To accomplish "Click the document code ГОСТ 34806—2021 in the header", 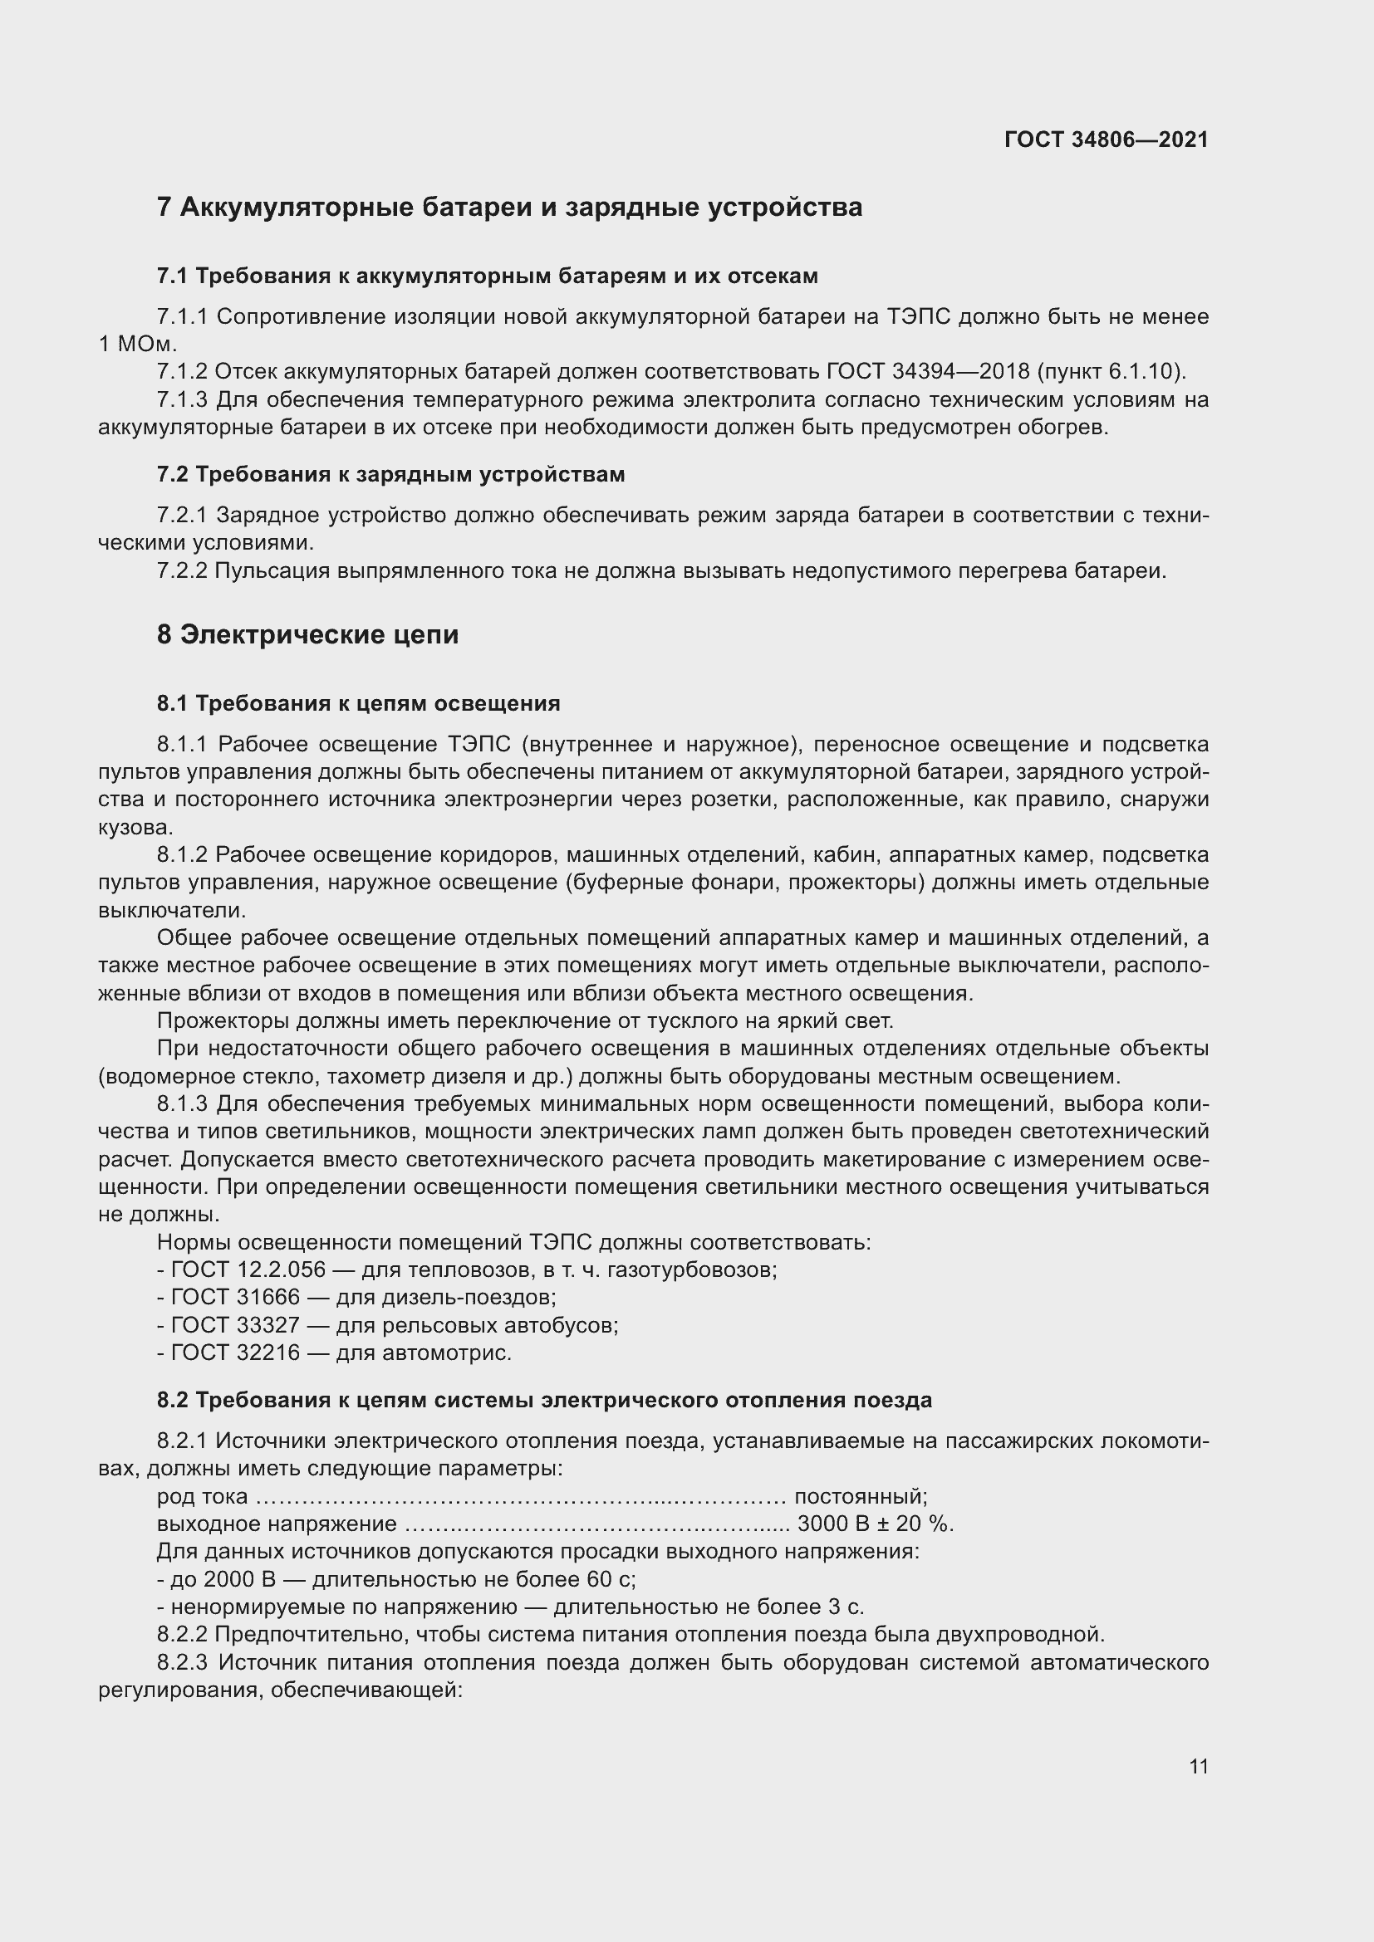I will tap(1106, 139).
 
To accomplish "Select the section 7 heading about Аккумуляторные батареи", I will tap(509, 208).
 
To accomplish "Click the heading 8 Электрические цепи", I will tap(308, 634).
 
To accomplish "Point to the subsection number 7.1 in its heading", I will tap(172, 276).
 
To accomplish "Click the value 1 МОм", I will tap(137, 345).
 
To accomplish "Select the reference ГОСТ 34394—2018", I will tap(927, 371).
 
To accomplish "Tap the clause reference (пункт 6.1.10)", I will tap(1111, 371).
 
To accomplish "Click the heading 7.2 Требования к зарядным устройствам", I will tap(391, 475).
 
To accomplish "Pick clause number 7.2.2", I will tap(182, 571).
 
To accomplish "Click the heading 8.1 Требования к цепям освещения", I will tap(359, 704).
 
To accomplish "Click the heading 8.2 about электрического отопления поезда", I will tap(544, 1400).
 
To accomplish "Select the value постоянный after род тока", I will tap(861, 1496).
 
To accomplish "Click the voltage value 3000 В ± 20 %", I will tap(875, 1524).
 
